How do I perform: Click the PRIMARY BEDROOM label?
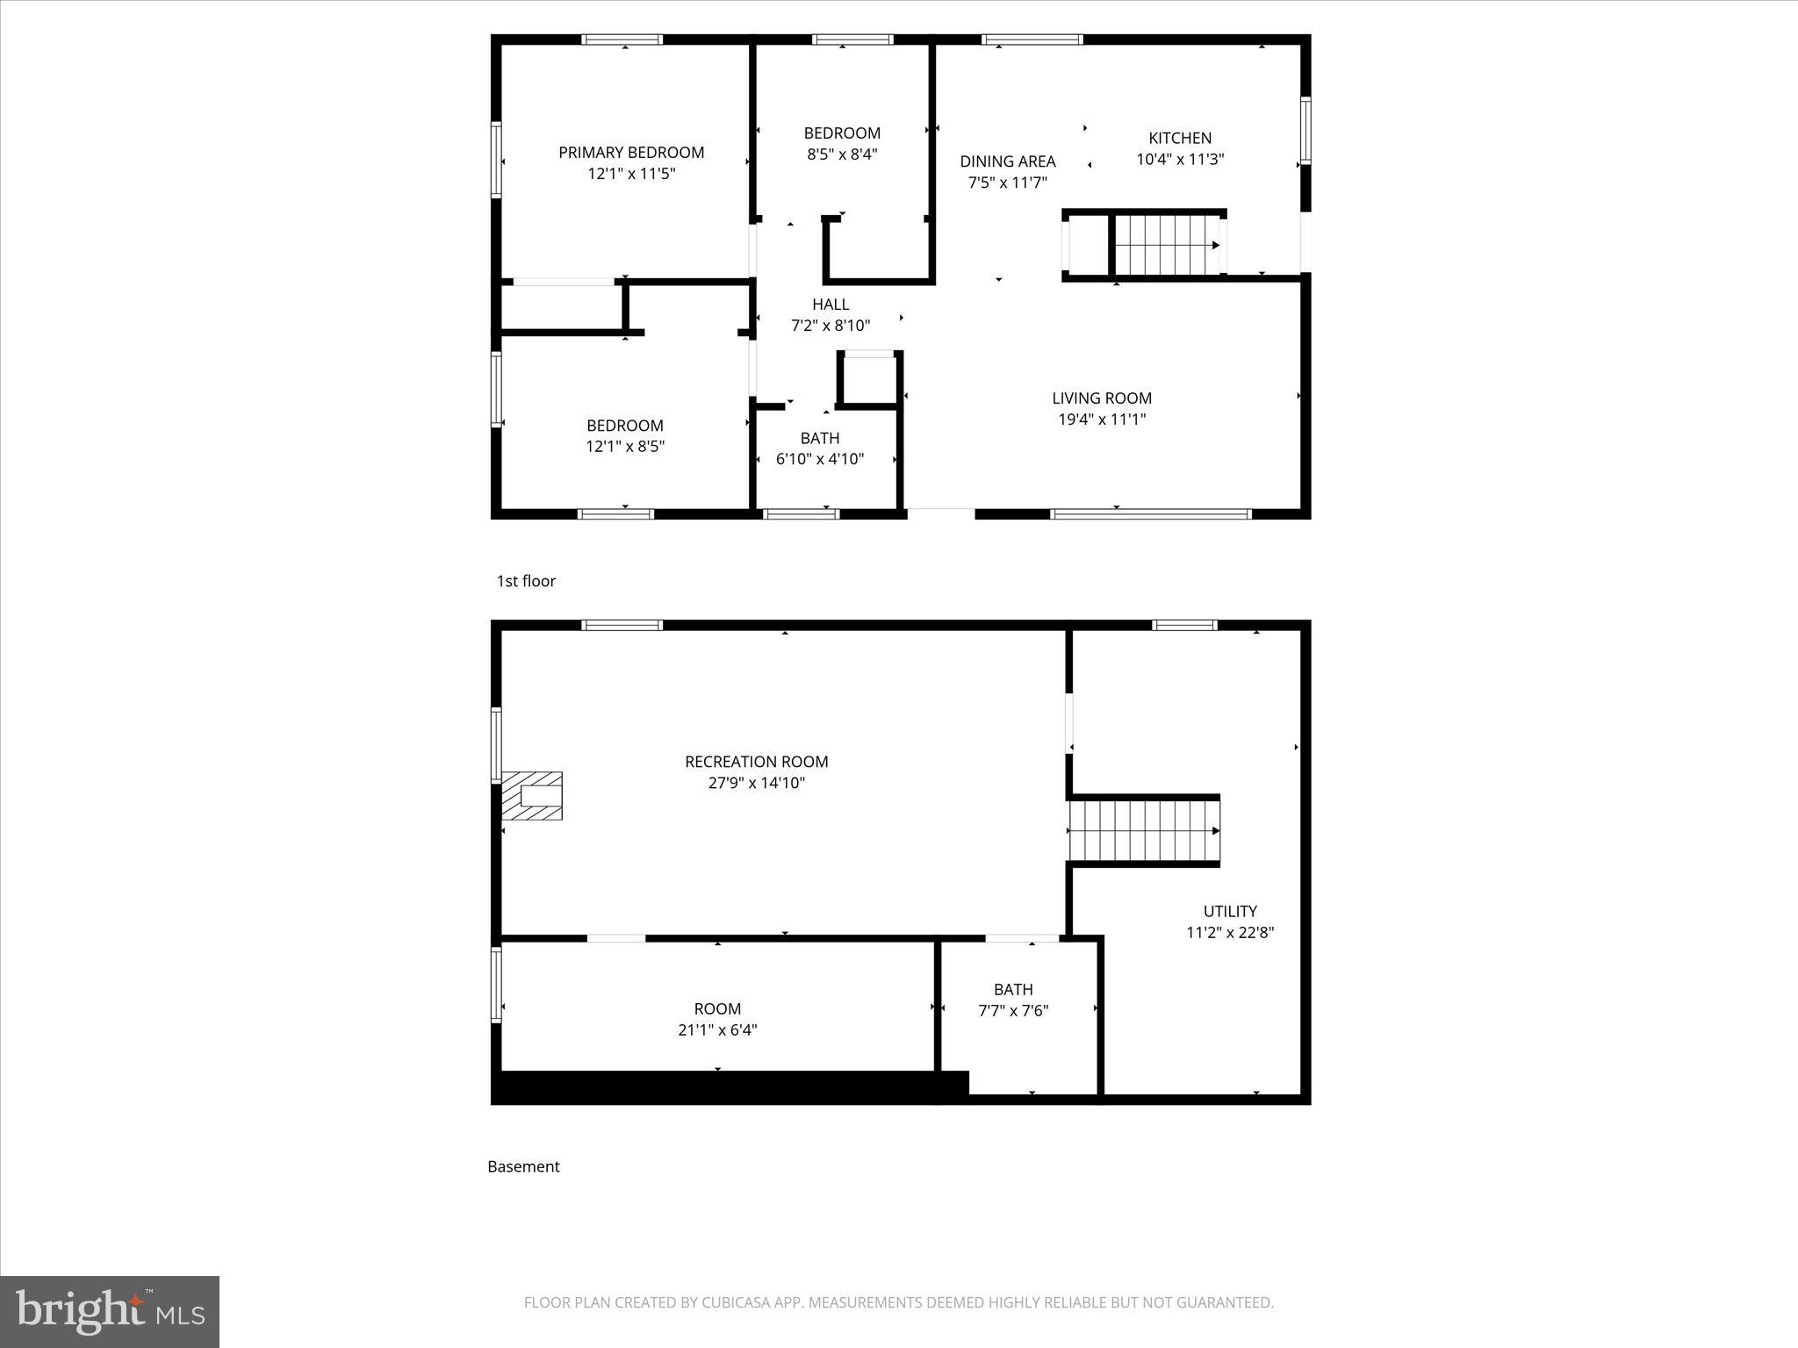point(631,153)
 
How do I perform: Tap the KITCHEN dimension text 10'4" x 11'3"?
point(1180,160)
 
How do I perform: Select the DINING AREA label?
point(1007,161)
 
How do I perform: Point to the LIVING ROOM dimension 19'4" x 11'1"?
point(1102,419)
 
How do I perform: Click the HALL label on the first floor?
point(830,305)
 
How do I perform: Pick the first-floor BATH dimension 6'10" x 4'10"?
point(820,459)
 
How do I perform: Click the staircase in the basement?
point(1144,830)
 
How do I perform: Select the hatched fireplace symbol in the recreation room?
point(532,796)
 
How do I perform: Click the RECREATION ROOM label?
point(756,762)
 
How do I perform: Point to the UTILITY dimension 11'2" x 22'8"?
point(1229,933)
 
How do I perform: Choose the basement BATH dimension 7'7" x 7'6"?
point(1013,1011)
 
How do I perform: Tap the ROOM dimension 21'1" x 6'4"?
point(717,1030)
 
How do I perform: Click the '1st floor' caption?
point(526,581)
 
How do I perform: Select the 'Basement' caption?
point(523,1166)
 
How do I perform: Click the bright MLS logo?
point(110,1312)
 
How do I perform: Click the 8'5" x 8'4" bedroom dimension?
point(842,154)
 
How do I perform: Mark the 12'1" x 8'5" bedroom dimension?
point(625,447)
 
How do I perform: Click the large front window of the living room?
point(1150,513)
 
